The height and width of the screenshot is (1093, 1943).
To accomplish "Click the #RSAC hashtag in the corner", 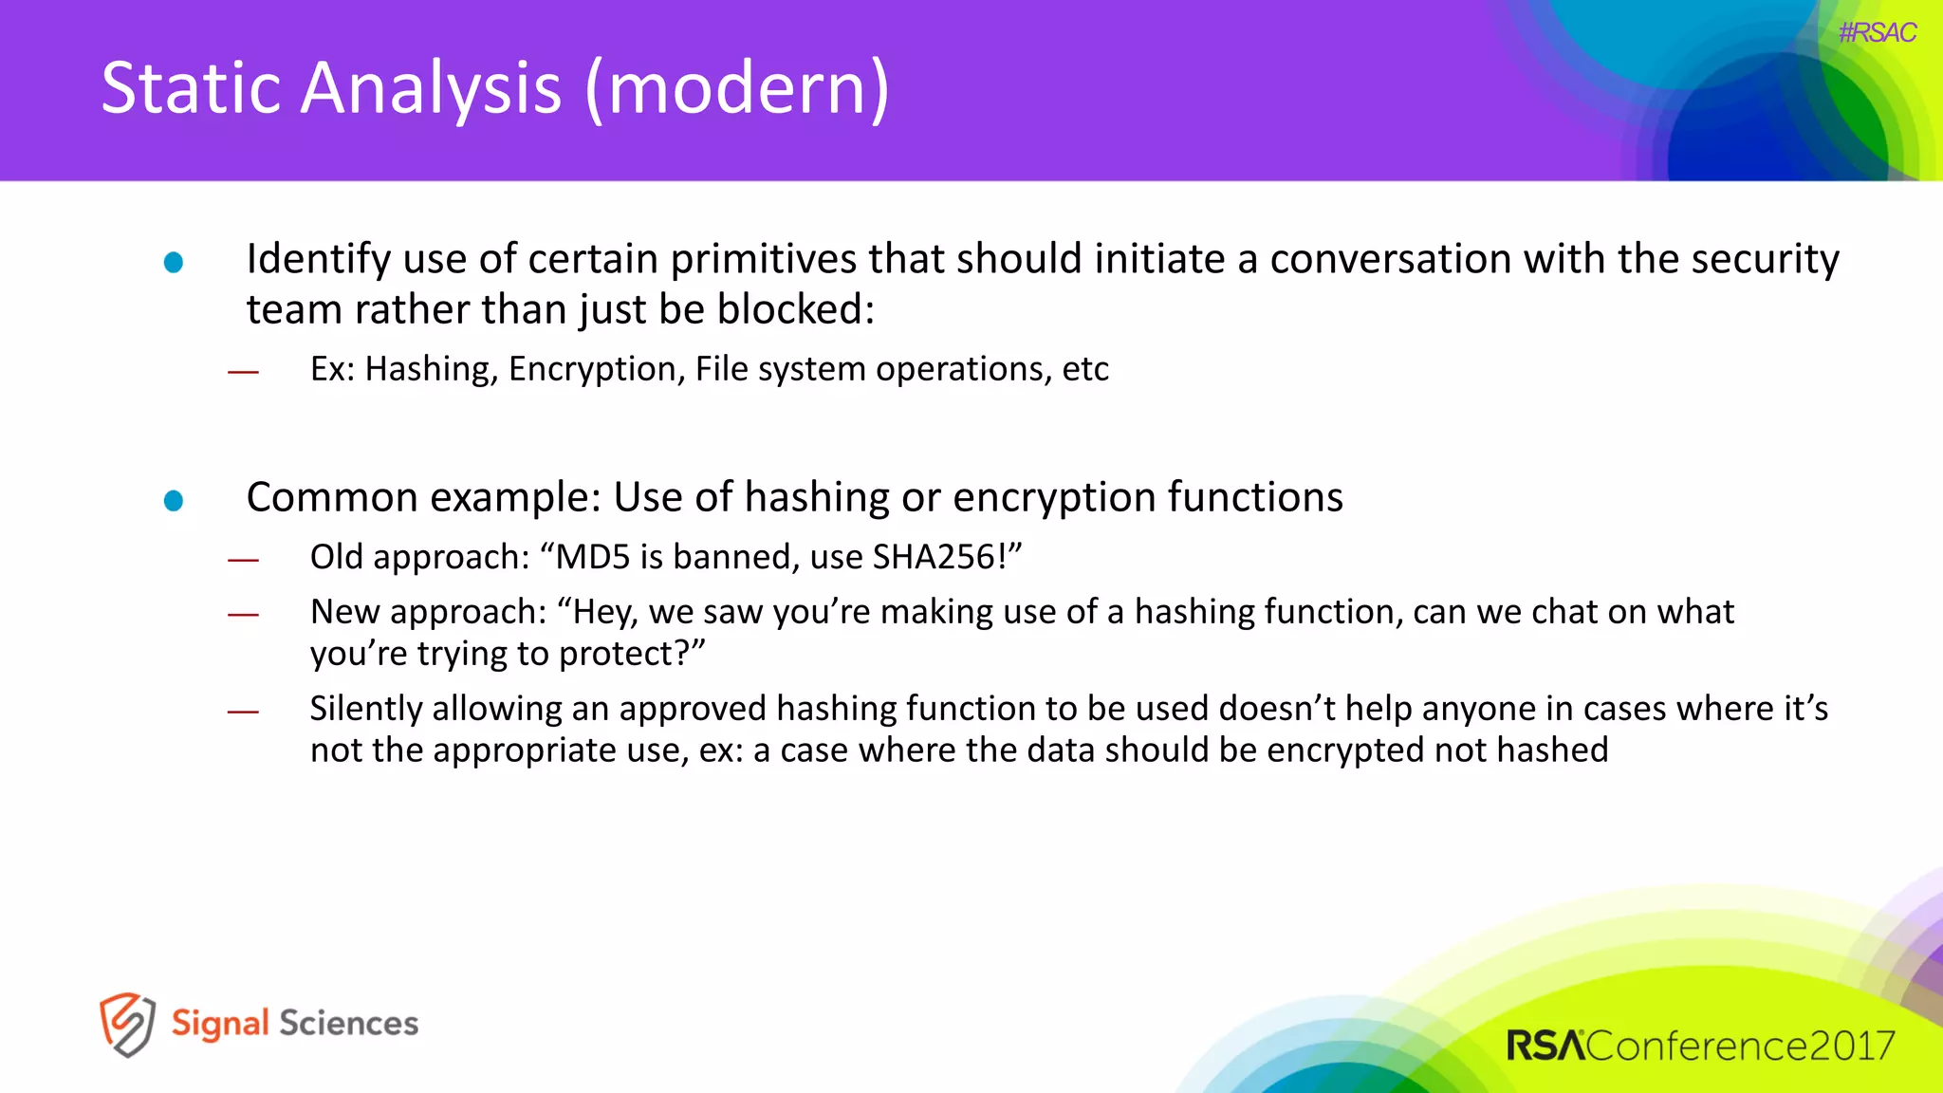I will [1877, 33].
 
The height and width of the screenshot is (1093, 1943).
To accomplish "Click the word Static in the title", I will [189, 87].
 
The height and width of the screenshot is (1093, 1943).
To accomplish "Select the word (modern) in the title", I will [737, 89].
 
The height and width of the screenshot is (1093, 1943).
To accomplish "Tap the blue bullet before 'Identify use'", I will [174, 262].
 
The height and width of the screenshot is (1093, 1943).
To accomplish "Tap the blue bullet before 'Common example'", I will [174, 500].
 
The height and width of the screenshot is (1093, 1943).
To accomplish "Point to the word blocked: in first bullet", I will [795, 309].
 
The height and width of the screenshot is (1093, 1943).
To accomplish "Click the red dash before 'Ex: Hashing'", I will [243, 372].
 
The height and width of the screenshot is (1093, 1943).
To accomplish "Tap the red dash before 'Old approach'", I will [243, 560].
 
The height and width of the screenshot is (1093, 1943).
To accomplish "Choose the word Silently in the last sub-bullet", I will [365, 709].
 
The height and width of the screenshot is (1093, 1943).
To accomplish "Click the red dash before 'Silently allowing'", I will [243, 712].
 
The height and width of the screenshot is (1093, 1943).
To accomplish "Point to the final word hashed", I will [1552, 750].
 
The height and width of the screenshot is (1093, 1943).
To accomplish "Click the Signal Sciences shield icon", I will [127, 1024].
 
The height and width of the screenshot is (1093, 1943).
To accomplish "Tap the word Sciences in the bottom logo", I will [348, 1024].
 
